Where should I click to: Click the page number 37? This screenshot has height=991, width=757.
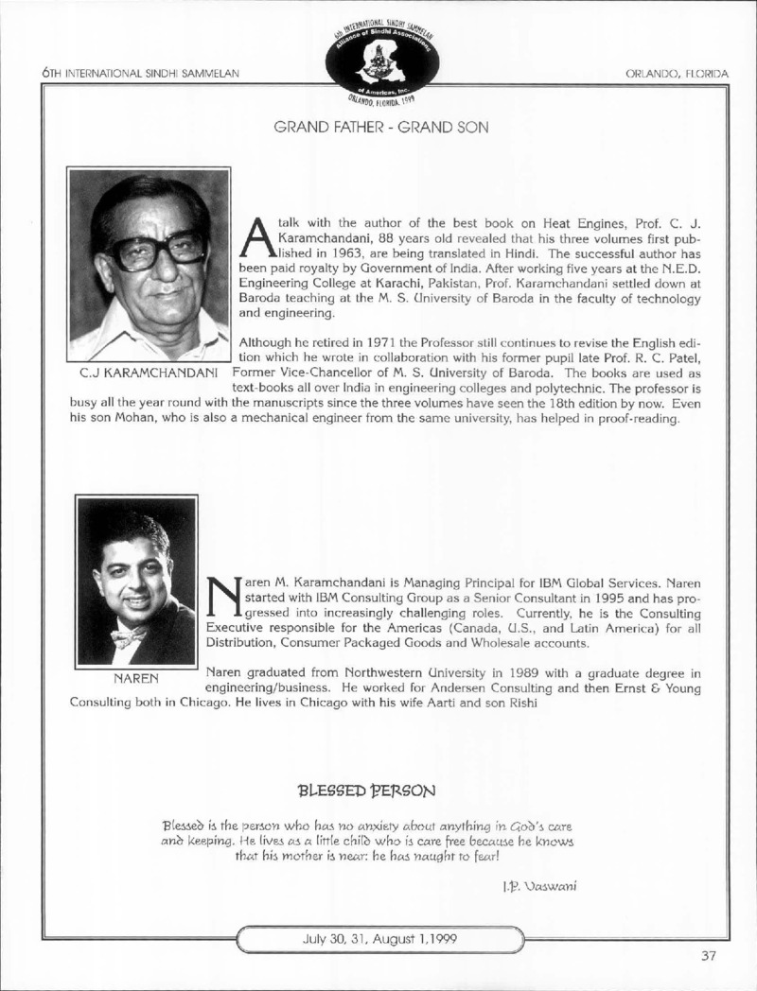click(x=709, y=954)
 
